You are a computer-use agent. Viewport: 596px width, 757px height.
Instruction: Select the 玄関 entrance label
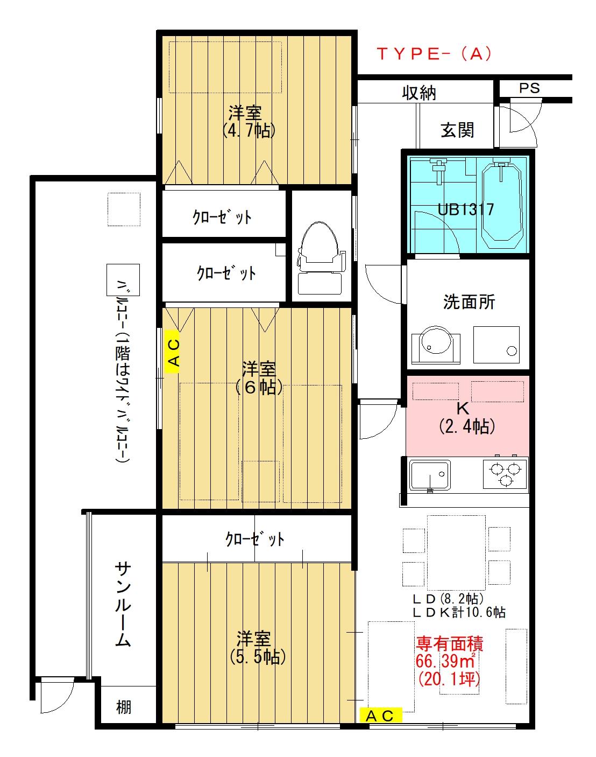(x=457, y=130)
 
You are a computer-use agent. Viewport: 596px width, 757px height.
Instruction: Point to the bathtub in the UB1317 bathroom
(x=501, y=205)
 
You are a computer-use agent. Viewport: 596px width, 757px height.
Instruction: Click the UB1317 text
(x=466, y=209)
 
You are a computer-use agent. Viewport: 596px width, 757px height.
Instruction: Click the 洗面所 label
(x=469, y=302)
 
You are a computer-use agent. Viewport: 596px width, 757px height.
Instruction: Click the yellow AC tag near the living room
(x=380, y=715)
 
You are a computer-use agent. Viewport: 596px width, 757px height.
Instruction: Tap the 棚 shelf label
(x=124, y=706)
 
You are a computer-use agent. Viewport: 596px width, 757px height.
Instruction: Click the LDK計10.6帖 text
(x=458, y=612)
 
